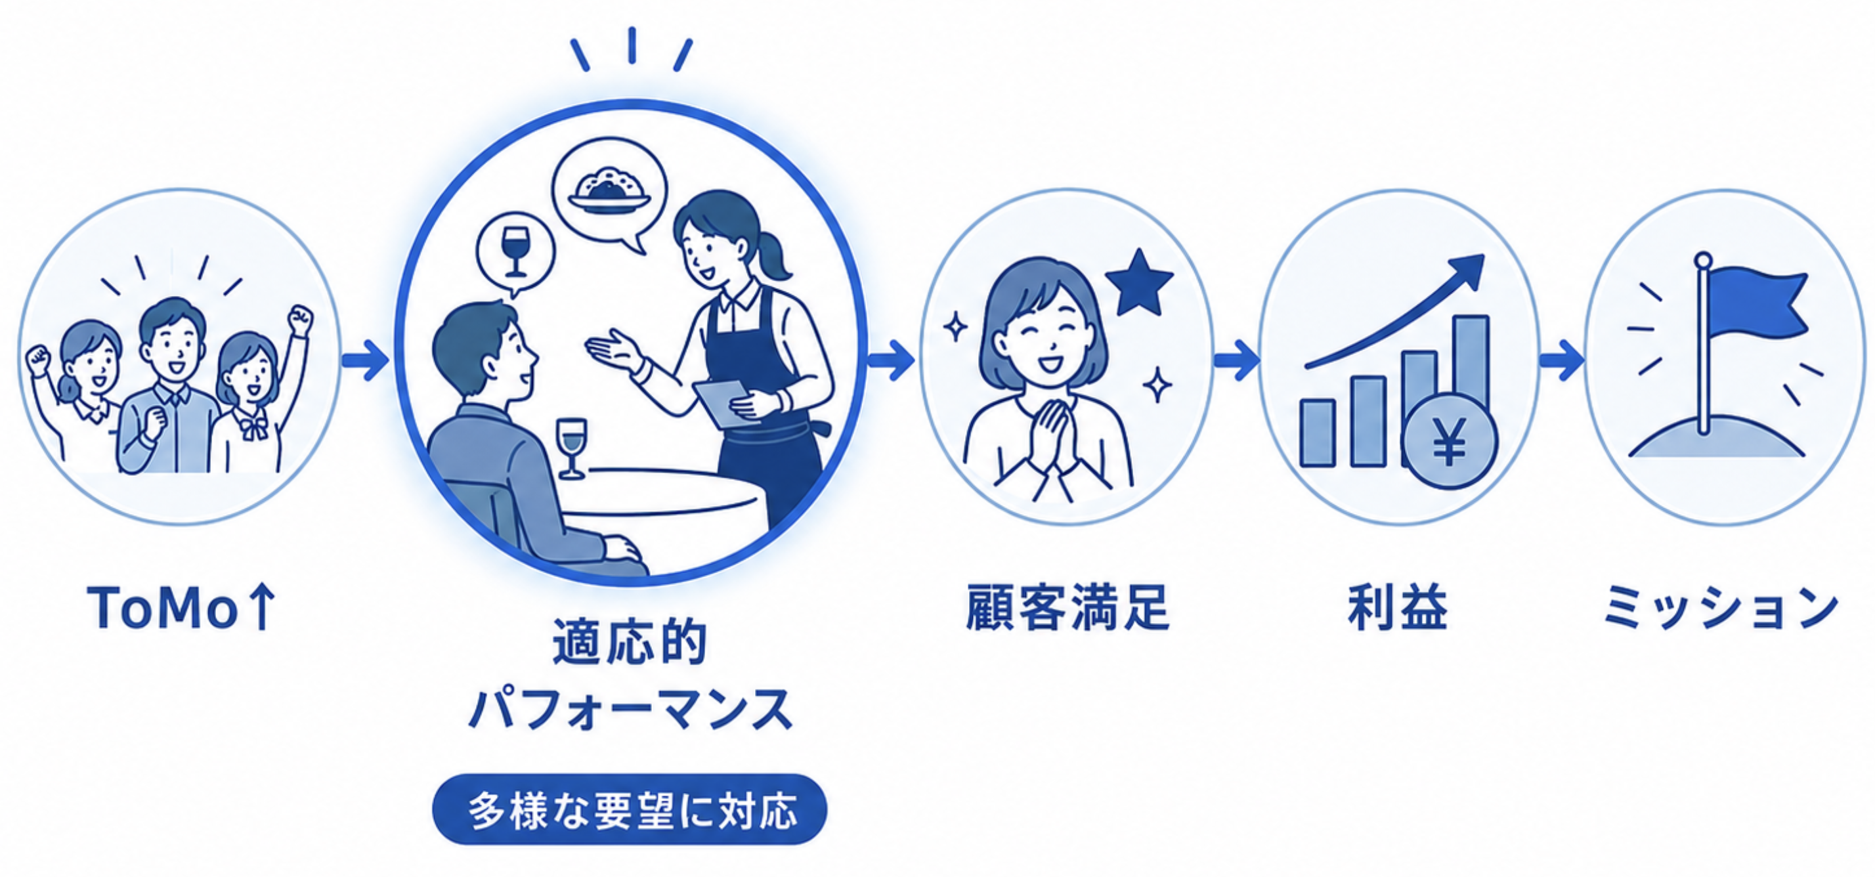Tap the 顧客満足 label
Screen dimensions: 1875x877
1067,607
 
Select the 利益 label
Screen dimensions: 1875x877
1398,607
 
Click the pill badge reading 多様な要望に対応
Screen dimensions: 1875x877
630,809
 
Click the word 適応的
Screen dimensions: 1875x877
630,642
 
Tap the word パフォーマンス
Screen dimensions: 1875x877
630,709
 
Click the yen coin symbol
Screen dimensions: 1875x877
1449,441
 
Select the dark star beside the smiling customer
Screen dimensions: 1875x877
1138,282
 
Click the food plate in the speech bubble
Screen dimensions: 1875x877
609,192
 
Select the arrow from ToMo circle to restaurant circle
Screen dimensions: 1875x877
366,360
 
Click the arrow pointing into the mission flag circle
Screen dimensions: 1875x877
1562,360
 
